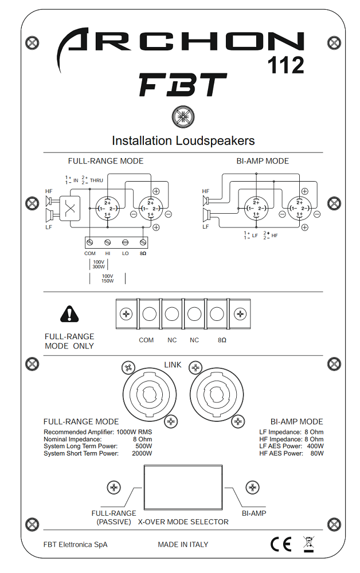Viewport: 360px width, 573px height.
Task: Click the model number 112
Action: click(x=286, y=66)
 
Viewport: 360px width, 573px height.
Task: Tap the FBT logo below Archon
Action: click(x=182, y=85)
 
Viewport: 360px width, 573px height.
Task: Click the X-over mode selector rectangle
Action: click(x=182, y=488)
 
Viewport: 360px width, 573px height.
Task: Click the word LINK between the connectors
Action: click(x=173, y=365)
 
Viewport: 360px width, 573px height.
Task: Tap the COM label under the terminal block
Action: click(x=146, y=340)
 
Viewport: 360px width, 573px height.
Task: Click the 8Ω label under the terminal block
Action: click(x=222, y=340)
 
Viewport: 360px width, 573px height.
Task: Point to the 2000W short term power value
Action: click(x=142, y=454)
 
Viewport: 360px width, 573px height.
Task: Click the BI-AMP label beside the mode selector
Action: click(x=254, y=513)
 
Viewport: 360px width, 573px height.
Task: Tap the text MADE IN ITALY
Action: click(x=183, y=544)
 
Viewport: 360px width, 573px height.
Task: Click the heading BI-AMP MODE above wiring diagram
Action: click(x=263, y=161)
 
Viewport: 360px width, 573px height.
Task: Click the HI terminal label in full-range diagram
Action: click(x=108, y=253)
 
